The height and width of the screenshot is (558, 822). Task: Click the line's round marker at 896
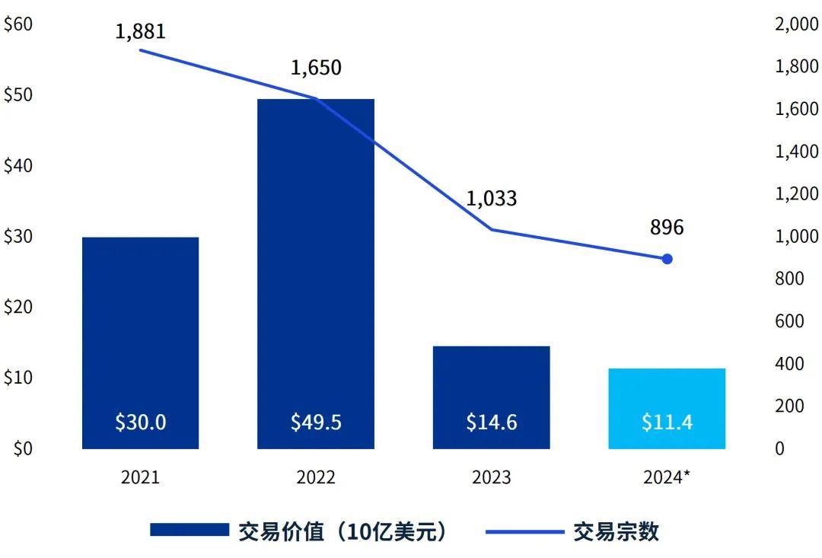[x=667, y=259]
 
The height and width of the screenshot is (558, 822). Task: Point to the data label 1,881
[x=141, y=32]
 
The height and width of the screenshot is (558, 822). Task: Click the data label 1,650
[x=316, y=67]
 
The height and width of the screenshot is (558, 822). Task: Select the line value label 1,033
[x=492, y=199]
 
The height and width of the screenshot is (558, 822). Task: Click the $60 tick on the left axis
[x=18, y=24]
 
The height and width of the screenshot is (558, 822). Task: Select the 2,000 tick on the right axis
[x=797, y=24]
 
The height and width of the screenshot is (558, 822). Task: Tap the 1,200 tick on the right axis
[x=797, y=194]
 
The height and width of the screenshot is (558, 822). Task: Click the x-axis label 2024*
[x=667, y=477]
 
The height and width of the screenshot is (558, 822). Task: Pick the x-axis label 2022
[x=316, y=477]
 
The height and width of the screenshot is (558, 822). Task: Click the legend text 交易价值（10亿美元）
[x=343, y=531]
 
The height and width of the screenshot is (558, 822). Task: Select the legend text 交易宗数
[x=616, y=531]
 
